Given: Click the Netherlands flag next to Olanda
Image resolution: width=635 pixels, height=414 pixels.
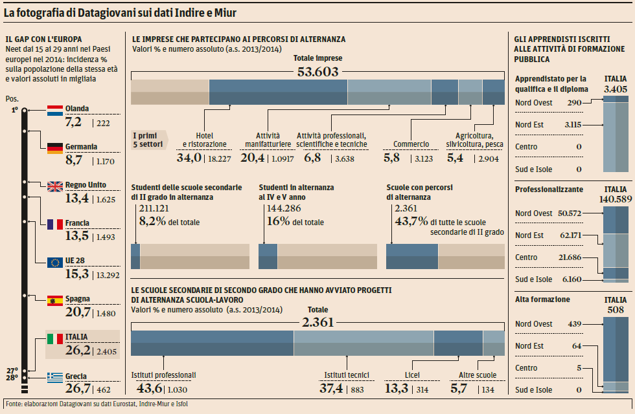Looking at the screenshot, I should (x=55, y=110).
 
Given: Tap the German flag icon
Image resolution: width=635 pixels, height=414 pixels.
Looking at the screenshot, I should (x=55, y=147).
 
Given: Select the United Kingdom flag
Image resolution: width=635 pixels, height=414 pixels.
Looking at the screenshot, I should (x=55, y=186).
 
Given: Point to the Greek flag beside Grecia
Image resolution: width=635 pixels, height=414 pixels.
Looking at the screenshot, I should (x=55, y=376).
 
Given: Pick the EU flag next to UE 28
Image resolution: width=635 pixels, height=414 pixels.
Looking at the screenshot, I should (x=55, y=262).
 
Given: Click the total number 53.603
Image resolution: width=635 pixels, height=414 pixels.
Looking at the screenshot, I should (x=317, y=71).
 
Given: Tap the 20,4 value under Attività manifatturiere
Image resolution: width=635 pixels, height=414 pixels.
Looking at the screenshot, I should (x=252, y=157).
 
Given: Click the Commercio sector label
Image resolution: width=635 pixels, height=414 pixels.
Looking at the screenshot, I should (x=411, y=144).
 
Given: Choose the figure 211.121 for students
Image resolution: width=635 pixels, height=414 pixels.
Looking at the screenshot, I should (x=154, y=208).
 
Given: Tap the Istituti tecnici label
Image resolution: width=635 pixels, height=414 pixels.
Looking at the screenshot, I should (x=347, y=375).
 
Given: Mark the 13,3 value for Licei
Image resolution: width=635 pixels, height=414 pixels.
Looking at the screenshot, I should (x=397, y=388).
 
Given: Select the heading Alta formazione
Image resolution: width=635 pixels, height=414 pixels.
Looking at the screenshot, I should (x=542, y=300).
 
